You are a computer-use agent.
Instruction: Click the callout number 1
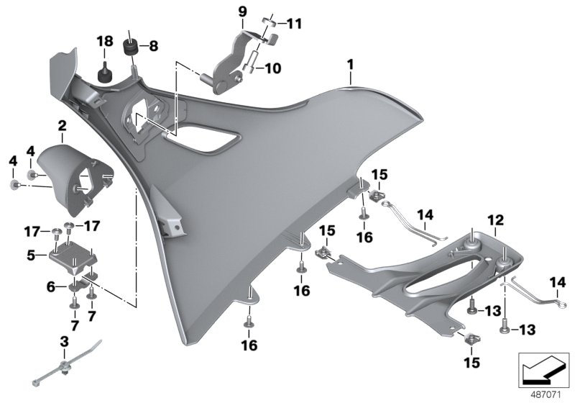coord(350,65)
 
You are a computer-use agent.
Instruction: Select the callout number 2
coord(62,127)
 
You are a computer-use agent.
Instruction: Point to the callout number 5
coord(31,254)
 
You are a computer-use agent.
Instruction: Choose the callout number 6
coord(50,286)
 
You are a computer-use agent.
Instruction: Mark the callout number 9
coord(242,11)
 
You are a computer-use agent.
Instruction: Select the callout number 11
coord(295,24)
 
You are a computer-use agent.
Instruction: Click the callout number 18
coord(105,42)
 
